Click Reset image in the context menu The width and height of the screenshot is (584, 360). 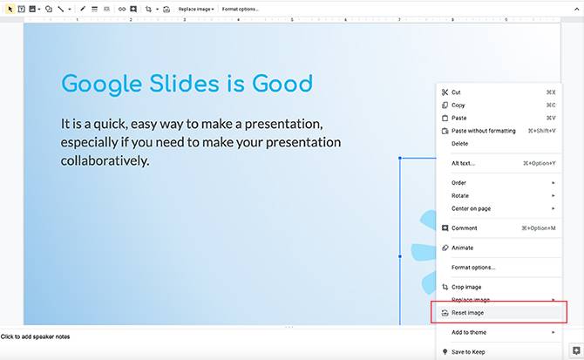467,312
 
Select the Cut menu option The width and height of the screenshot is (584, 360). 456,92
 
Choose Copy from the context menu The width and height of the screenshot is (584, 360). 458,105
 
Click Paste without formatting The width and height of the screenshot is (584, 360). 483,131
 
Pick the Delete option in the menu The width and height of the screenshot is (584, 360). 459,144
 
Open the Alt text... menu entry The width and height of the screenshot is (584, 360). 463,163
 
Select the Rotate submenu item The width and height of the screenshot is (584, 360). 459,195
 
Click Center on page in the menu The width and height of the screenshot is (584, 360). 471,208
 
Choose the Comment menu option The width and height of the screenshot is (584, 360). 464,228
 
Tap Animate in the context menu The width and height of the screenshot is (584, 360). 462,248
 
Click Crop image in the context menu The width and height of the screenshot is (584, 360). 466,287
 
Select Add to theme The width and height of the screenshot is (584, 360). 469,332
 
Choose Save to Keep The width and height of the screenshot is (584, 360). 468,352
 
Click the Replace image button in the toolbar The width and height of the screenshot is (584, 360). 196,9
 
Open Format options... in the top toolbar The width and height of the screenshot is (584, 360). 240,9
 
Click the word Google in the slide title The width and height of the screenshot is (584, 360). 96,84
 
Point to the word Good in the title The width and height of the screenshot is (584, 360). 282,84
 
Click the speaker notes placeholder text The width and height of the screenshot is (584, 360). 35,336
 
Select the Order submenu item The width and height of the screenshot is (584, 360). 458,183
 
